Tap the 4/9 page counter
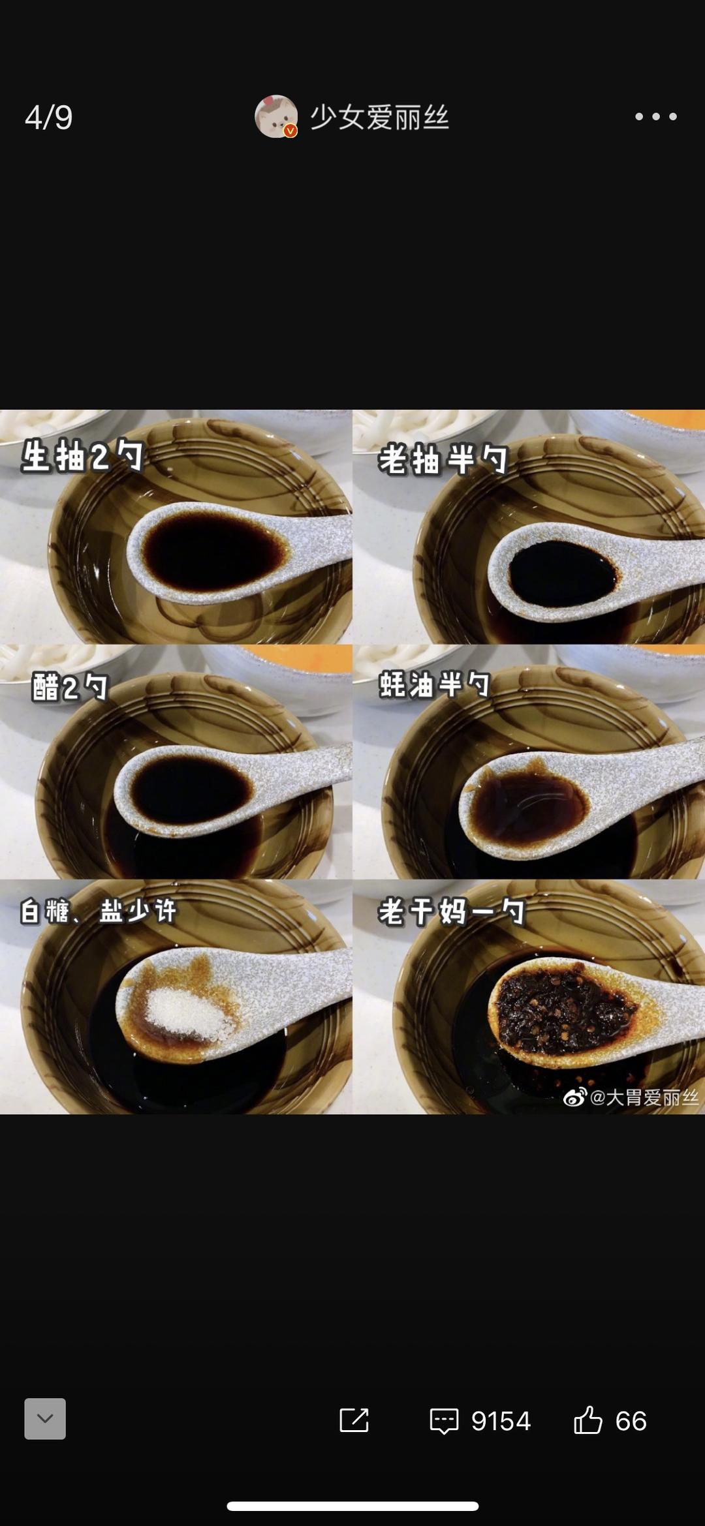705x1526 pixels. pos(48,117)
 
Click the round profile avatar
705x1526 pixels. pos(276,117)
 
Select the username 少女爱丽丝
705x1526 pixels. pos(379,117)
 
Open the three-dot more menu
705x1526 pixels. pos(656,117)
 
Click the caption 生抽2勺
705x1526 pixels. pos(82,455)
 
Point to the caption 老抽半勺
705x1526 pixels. pos(443,459)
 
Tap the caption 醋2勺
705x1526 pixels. pos(70,687)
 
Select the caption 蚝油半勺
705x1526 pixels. pos(435,684)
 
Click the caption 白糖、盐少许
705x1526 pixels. pos(98,911)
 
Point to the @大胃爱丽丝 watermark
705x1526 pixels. pos(631,1097)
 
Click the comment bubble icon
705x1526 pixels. pos(444,1420)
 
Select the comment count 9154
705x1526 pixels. pos(501,1421)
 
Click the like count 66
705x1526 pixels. pos(631,1421)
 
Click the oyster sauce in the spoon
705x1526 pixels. pos(529,806)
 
